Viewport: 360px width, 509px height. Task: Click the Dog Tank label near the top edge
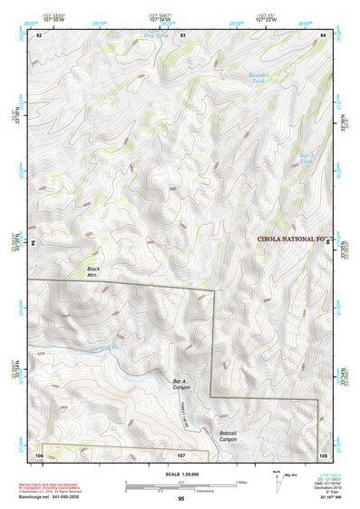point(160,37)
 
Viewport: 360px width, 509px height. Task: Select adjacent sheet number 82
point(39,34)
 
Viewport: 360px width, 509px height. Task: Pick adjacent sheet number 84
point(324,34)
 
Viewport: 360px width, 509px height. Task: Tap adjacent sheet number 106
point(39,453)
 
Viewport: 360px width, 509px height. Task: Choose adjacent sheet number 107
point(181,453)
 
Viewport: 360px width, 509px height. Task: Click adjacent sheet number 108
point(324,453)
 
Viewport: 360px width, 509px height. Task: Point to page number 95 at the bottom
point(181,498)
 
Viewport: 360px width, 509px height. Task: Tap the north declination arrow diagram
point(277,475)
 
